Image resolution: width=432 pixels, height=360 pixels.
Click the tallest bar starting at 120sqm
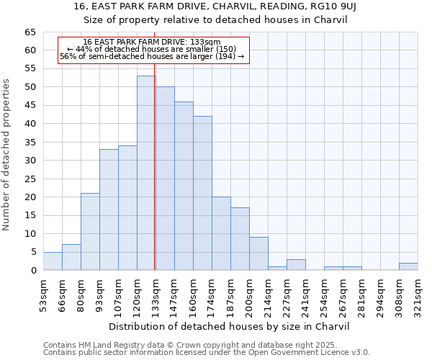(x=146, y=173)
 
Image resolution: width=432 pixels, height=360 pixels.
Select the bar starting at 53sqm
(x=53, y=261)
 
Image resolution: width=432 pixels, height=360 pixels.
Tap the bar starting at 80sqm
(x=90, y=232)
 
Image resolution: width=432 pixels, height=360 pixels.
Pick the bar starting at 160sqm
(x=202, y=193)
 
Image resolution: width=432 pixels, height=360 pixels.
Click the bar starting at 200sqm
(x=258, y=253)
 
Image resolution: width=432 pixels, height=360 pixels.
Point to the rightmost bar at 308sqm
(x=408, y=266)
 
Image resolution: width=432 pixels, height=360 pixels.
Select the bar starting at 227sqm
(x=296, y=264)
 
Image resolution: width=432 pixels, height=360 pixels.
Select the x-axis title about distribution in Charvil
(x=230, y=326)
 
